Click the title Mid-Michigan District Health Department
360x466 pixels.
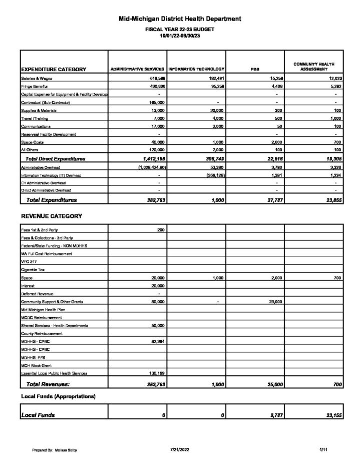(x=180, y=19)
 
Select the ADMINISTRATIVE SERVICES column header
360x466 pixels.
(x=137, y=69)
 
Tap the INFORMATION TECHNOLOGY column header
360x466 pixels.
(x=196, y=69)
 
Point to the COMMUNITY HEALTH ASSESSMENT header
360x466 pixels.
(x=314, y=66)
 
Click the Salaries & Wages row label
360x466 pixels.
(x=37, y=79)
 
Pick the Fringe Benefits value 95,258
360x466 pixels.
(x=214, y=87)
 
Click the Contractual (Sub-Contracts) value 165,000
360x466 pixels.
(x=155, y=102)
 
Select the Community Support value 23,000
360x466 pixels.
(x=271, y=302)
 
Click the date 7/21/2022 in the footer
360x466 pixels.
(x=180, y=450)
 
